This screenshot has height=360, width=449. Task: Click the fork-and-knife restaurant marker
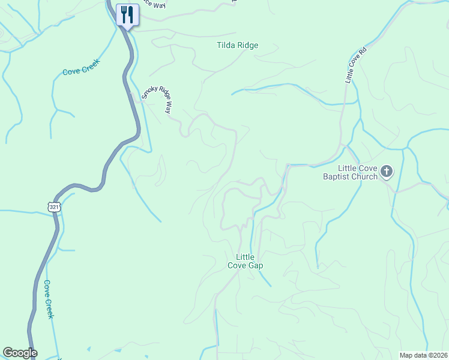tap(127, 14)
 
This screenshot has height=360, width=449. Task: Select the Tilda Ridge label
tap(238, 45)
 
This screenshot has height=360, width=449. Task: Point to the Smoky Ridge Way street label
tap(157, 99)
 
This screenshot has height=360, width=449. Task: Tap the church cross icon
tap(387, 172)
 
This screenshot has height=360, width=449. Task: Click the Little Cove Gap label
tap(246, 261)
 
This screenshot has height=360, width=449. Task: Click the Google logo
tap(20, 353)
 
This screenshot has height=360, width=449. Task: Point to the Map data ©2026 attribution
tap(424, 355)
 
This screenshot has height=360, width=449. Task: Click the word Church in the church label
tap(365, 176)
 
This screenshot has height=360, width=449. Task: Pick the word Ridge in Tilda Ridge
tap(248, 45)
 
